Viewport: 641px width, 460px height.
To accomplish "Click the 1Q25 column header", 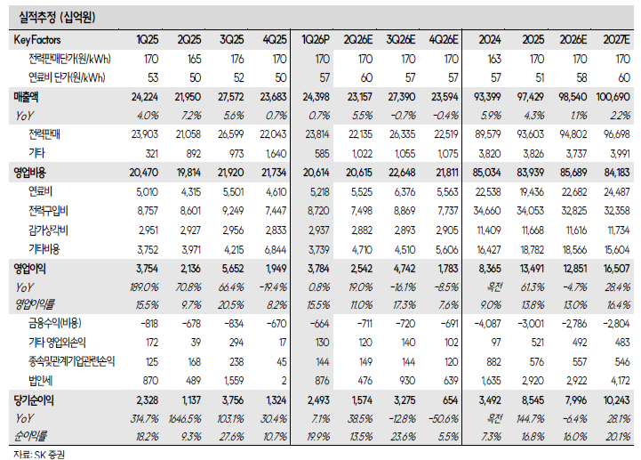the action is [148, 40].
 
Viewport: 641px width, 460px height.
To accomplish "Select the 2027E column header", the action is [616, 40].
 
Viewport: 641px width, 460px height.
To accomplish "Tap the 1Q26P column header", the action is [316, 40].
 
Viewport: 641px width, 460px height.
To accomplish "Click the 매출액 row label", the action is [26, 97].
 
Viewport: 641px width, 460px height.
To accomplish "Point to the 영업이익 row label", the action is [29, 269].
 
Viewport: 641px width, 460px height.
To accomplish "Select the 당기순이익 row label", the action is [34, 399].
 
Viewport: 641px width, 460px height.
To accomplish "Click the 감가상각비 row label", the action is [48, 230].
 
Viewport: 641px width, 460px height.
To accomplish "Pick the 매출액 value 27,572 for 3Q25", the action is [230, 97].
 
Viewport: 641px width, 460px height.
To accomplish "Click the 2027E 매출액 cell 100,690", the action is [613, 97].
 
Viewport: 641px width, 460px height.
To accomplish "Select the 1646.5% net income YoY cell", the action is [185, 419].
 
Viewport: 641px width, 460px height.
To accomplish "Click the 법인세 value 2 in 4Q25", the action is [284, 381].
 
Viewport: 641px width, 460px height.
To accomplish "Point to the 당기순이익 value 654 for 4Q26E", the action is [450, 399].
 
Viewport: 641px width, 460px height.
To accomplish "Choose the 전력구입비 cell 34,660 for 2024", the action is [487, 211].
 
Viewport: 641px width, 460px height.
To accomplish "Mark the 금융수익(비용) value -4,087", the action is [487, 324].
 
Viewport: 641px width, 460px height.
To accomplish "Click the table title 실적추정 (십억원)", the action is [57, 17].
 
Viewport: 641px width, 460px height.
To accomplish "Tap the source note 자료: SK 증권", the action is [39, 455].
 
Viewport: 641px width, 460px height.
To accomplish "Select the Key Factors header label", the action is [37, 40].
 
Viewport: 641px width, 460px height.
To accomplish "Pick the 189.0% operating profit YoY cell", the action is [144, 286].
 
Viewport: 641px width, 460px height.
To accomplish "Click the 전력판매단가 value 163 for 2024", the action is [494, 59].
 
